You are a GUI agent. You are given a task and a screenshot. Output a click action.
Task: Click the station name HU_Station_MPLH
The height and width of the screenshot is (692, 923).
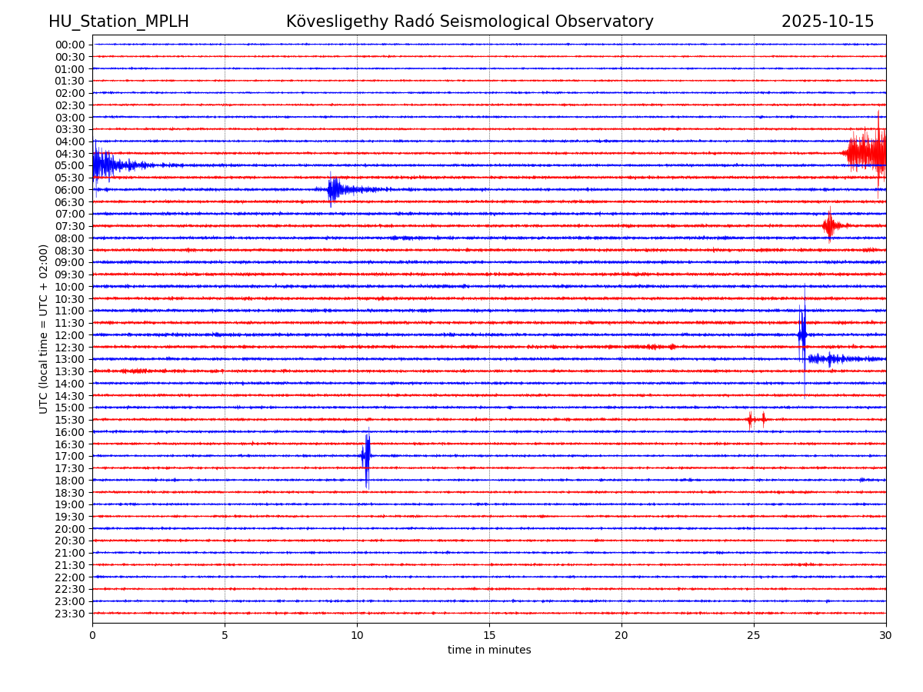[118, 22]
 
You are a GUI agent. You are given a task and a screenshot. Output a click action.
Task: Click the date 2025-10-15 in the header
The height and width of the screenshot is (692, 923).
[827, 22]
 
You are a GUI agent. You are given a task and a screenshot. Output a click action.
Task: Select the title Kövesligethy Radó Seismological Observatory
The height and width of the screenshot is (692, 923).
[469, 22]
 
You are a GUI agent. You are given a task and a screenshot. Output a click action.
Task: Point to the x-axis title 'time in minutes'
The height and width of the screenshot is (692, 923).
[489, 650]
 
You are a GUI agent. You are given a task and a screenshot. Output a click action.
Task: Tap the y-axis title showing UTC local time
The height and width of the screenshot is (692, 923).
[44, 328]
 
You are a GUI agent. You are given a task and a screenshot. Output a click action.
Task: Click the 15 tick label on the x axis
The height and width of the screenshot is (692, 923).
[489, 636]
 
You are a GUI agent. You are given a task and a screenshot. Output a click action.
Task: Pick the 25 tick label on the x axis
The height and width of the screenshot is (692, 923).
[754, 636]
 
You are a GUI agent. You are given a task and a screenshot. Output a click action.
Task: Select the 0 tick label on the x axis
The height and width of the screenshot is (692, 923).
[92, 636]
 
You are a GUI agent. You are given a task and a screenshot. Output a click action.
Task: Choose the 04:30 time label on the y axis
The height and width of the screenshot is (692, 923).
[70, 154]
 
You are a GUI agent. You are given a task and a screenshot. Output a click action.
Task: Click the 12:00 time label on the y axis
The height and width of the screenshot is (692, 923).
[70, 335]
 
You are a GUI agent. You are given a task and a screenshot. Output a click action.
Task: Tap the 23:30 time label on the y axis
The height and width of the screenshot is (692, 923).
[70, 614]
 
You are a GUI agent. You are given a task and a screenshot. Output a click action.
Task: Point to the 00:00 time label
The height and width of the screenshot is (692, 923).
[70, 45]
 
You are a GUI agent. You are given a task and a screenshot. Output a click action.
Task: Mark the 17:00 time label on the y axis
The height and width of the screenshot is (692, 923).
[70, 456]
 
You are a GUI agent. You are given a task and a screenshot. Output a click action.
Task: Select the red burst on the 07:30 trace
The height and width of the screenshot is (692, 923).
[829, 225]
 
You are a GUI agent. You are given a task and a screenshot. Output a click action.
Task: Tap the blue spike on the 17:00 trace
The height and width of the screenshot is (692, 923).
[366, 456]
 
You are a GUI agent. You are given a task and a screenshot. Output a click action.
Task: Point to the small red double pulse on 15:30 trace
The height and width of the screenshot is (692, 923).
[756, 419]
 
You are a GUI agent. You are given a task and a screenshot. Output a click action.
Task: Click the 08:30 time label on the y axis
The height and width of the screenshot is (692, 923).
[70, 251]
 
